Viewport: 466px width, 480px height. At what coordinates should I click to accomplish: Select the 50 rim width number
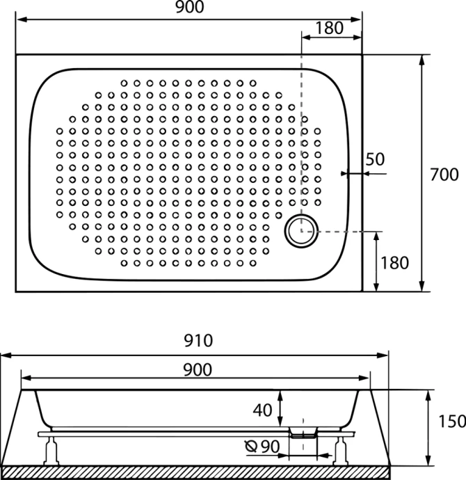click(x=375, y=159)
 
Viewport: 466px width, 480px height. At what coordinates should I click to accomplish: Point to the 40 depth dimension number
click(x=262, y=410)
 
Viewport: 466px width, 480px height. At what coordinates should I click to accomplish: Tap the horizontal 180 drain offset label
click(x=329, y=28)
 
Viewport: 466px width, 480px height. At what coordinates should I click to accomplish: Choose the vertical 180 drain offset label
click(x=394, y=262)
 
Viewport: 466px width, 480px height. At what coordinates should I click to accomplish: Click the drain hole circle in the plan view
click(x=301, y=230)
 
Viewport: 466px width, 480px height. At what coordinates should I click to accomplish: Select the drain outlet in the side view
click(x=301, y=433)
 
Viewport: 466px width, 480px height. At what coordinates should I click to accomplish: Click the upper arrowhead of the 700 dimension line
click(x=421, y=60)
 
